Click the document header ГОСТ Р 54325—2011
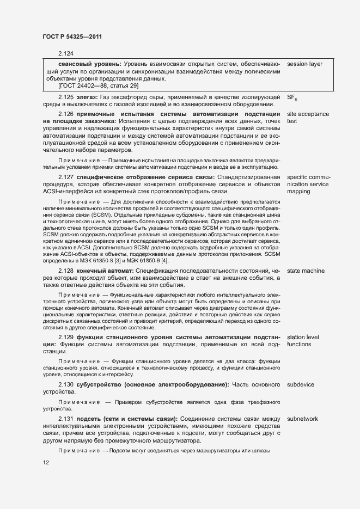tap(72, 36)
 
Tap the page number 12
tap(46, 463)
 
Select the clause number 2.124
tap(65, 53)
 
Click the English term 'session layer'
tap(304, 64)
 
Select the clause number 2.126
tap(65, 114)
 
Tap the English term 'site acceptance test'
tap(308, 118)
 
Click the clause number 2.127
tap(65, 177)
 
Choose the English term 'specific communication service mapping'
tap(308, 185)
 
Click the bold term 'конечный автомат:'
tap(105, 271)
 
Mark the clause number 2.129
tap(65, 338)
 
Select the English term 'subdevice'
tap(300, 385)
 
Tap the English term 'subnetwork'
tap(302, 419)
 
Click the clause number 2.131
tap(65, 419)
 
